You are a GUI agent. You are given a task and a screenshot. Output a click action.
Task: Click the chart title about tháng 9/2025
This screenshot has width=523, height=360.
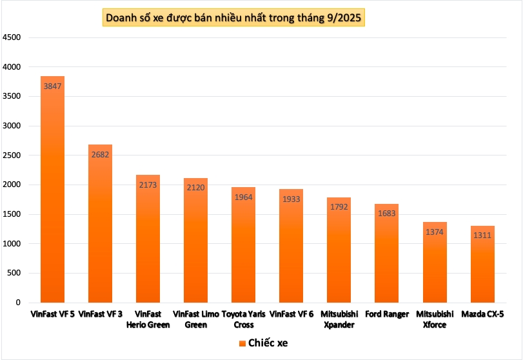coord(233,16)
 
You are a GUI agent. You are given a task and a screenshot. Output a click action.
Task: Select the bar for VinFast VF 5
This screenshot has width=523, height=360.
coord(52,194)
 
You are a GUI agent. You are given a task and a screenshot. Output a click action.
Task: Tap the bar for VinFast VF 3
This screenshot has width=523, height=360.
coord(100,226)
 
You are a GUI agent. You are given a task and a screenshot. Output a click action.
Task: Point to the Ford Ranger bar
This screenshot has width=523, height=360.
coord(386,258)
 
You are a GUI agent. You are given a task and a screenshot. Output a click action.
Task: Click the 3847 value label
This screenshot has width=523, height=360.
coord(52,86)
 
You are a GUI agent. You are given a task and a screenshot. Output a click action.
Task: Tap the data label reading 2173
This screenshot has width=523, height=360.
coord(148,185)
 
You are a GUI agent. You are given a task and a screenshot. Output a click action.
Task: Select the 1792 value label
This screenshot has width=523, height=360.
coord(339,207)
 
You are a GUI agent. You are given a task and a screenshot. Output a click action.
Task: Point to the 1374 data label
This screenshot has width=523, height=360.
coord(434,232)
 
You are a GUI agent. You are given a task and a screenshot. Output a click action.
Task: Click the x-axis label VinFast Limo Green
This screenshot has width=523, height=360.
coord(196,319)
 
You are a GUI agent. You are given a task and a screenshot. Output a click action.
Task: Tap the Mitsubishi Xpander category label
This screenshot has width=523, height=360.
coord(339,319)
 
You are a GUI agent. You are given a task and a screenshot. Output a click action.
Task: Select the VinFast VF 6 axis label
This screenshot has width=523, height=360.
coord(291,314)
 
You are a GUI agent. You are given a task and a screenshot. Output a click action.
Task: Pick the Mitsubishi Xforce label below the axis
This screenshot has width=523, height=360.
coord(434,319)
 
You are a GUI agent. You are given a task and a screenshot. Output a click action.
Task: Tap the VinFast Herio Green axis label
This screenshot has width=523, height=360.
coord(148,319)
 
